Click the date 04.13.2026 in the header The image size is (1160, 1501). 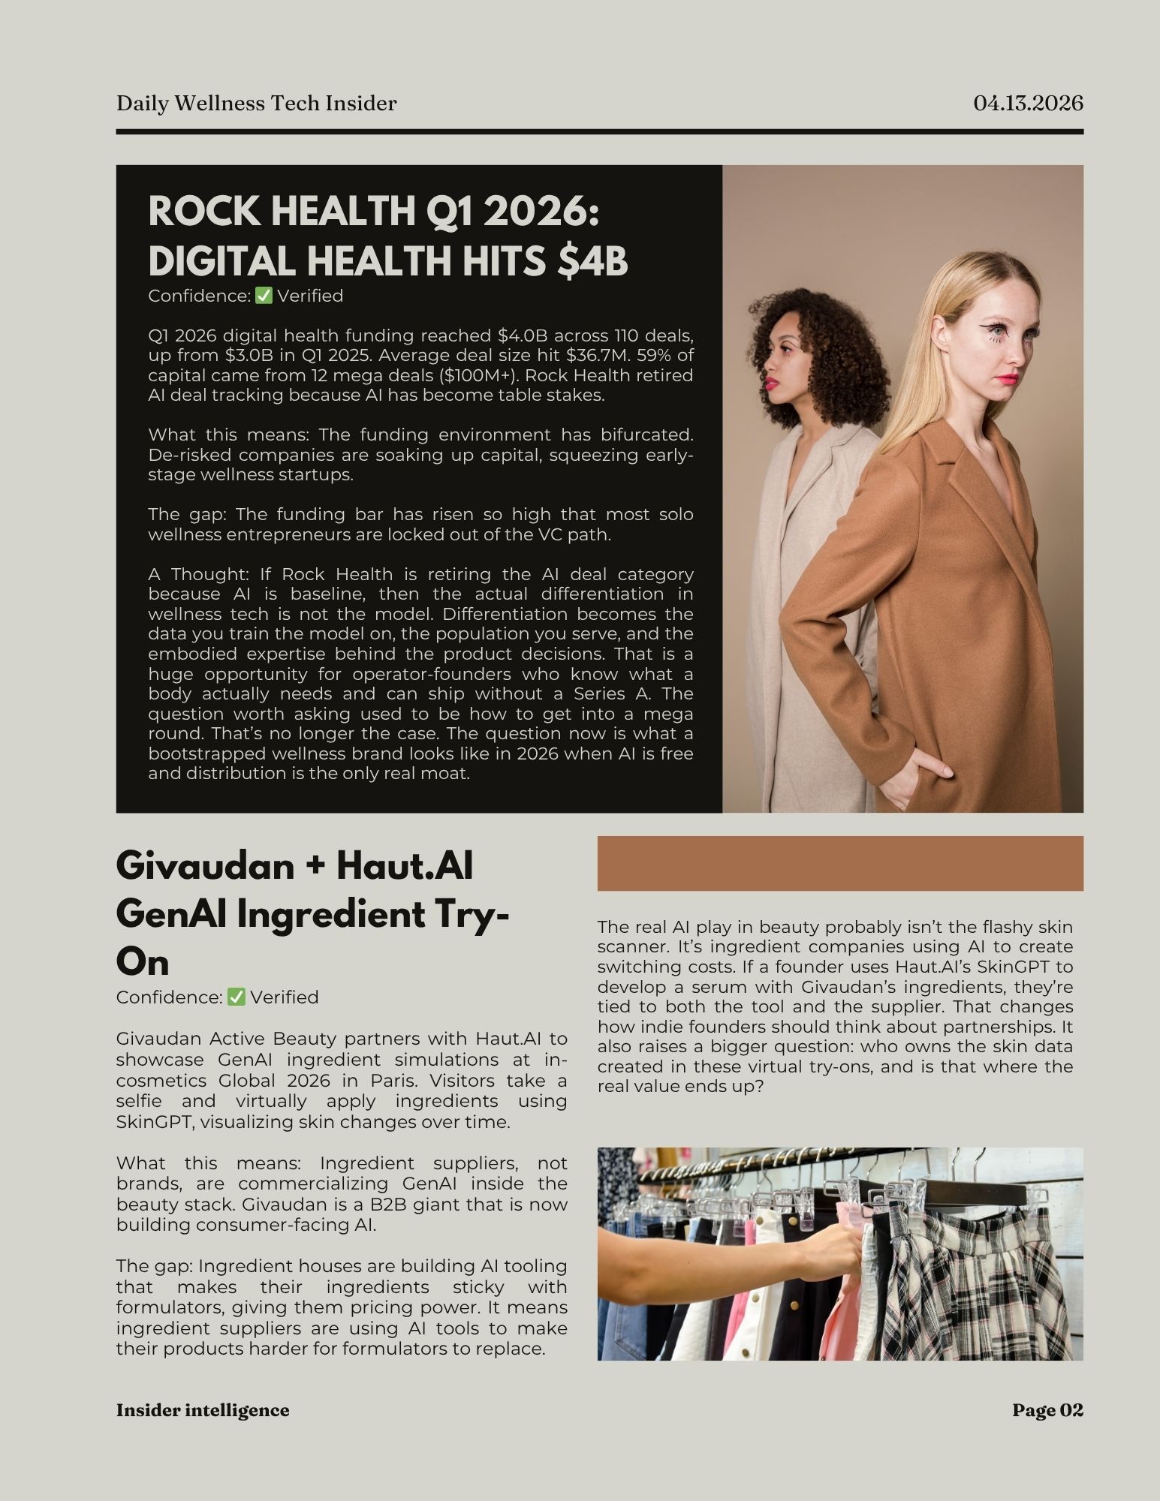click(1028, 103)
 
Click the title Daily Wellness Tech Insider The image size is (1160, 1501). click(256, 103)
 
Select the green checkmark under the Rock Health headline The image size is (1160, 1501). click(264, 296)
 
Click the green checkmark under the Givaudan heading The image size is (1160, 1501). click(237, 997)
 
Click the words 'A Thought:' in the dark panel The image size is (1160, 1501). click(198, 574)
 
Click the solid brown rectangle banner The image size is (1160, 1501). click(839, 863)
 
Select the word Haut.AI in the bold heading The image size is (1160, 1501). click(405, 866)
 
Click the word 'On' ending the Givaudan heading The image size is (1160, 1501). click(143, 962)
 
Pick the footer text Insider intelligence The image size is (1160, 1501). click(203, 1410)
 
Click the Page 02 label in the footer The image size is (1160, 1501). click(1047, 1410)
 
